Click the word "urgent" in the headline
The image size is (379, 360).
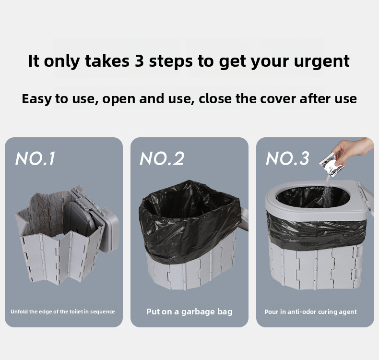[322, 61]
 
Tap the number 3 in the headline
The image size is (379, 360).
[140, 60]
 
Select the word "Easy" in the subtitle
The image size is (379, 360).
[36, 99]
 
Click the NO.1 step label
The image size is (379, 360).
[36, 158]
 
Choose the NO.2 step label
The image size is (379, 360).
[162, 158]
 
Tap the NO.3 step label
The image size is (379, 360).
[287, 158]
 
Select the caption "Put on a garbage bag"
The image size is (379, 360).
[189, 312]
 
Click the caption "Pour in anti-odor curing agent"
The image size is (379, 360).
[310, 312]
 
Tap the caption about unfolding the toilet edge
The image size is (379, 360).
[62, 312]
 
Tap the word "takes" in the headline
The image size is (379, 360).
[107, 60]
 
